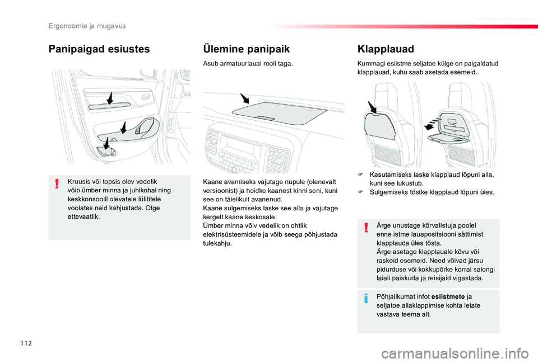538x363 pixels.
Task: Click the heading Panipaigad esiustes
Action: [x=99, y=49]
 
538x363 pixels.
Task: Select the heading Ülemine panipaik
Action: [x=246, y=49]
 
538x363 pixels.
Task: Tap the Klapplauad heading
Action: [x=385, y=49]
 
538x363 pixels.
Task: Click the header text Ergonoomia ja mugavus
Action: [x=87, y=26]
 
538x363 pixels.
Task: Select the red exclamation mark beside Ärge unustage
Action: [x=366, y=227]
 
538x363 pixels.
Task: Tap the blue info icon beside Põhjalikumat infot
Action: [x=366, y=298]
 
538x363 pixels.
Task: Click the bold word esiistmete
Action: [x=448, y=297]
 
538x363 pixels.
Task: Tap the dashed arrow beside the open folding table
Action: [x=432, y=119]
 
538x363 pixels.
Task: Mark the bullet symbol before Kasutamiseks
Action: [x=361, y=175]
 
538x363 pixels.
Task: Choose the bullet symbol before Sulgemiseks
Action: [x=361, y=192]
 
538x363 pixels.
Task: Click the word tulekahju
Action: [x=217, y=243]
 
